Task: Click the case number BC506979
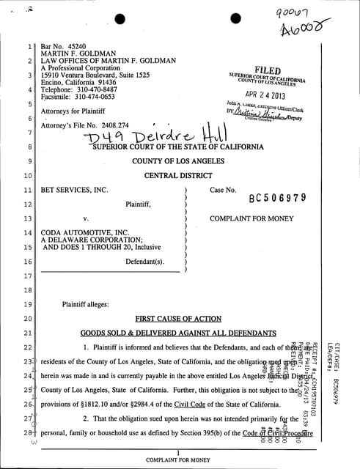(x=278, y=198)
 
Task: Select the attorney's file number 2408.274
(x=115, y=125)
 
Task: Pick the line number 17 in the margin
(x=27, y=276)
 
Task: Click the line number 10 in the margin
(x=27, y=176)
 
